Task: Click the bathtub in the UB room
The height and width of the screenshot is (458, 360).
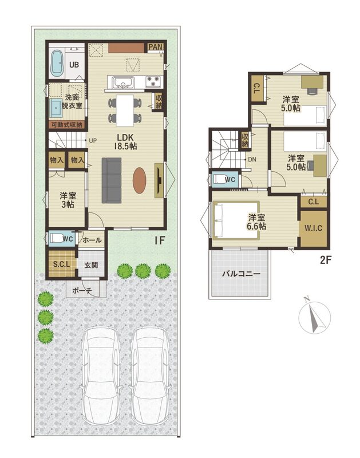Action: tap(57, 64)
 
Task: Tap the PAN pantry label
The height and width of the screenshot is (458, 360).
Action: tap(155, 47)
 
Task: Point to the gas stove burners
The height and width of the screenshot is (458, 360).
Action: tap(153, 81)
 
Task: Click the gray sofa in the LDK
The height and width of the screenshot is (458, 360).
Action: tap(111, 180)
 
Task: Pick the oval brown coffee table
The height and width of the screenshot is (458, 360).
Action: tap(139, 180)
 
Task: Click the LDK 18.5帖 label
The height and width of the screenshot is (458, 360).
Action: tap(125, 141)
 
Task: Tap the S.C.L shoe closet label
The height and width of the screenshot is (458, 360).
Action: tap(61, 264)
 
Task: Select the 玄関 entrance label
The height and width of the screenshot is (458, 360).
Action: tap(91, 265)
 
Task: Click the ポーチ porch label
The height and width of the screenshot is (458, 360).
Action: tap(82, 291)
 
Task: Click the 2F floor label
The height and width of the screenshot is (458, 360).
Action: tap(326, 260)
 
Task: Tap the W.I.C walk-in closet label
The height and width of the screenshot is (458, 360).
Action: tap(314, 228)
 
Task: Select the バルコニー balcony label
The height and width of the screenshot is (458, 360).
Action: tap(240, 274)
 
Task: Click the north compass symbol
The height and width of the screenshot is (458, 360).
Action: tap(315, 318)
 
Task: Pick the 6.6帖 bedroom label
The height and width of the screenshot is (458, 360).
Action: tap(256, 222)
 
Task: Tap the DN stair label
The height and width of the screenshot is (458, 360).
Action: tap(252, 160)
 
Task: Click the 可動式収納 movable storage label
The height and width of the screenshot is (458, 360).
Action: tap(67, 125)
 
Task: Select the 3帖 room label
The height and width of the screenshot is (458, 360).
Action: tap(68, 200)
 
